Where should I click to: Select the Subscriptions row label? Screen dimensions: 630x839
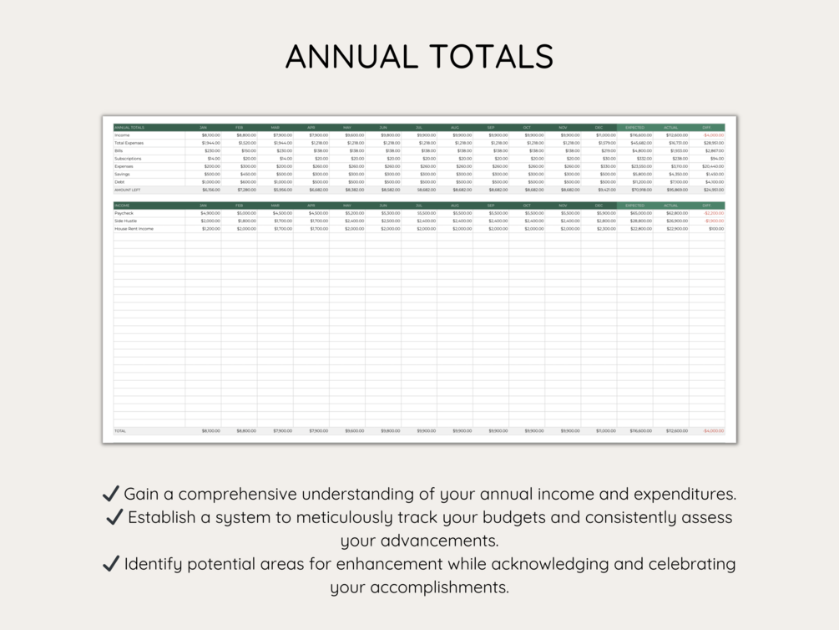(x=128, y=159)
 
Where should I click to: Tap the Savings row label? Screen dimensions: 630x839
(x=123, y=174)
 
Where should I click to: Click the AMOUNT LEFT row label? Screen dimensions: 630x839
(x=128, y=190)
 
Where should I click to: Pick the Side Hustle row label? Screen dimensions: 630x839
(x=126, y=221)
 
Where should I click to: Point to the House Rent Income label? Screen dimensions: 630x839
(x=134, y=228)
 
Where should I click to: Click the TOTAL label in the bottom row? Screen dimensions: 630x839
(x=121, y=431)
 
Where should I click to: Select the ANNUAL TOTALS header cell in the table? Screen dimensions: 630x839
(x=129, y=127)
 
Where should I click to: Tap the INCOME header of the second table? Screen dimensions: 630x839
(x=122, y=205)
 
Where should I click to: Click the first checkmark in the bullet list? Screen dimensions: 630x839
(x=110, y=494)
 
